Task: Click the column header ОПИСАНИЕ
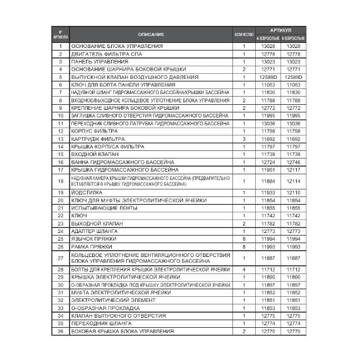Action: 149,34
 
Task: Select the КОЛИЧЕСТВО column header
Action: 243,34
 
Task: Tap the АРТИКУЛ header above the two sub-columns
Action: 280,30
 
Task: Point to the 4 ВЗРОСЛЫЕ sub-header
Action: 267,39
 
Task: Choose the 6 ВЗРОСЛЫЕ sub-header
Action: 293,39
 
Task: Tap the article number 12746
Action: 293,162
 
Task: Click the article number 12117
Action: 293,169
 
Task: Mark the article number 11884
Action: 267,181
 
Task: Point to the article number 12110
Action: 293,192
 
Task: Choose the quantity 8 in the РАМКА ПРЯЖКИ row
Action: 243,247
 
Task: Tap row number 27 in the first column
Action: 61,258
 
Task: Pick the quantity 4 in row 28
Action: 243,269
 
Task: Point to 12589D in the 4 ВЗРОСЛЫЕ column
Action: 267,77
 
